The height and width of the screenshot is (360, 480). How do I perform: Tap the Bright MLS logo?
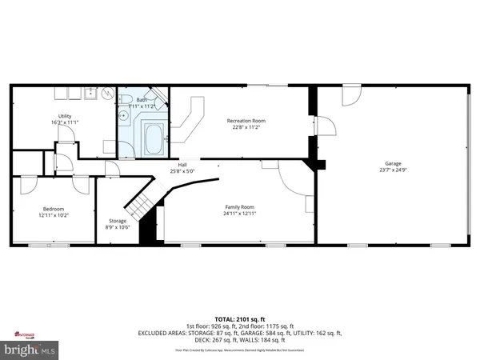tap(30, 350)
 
